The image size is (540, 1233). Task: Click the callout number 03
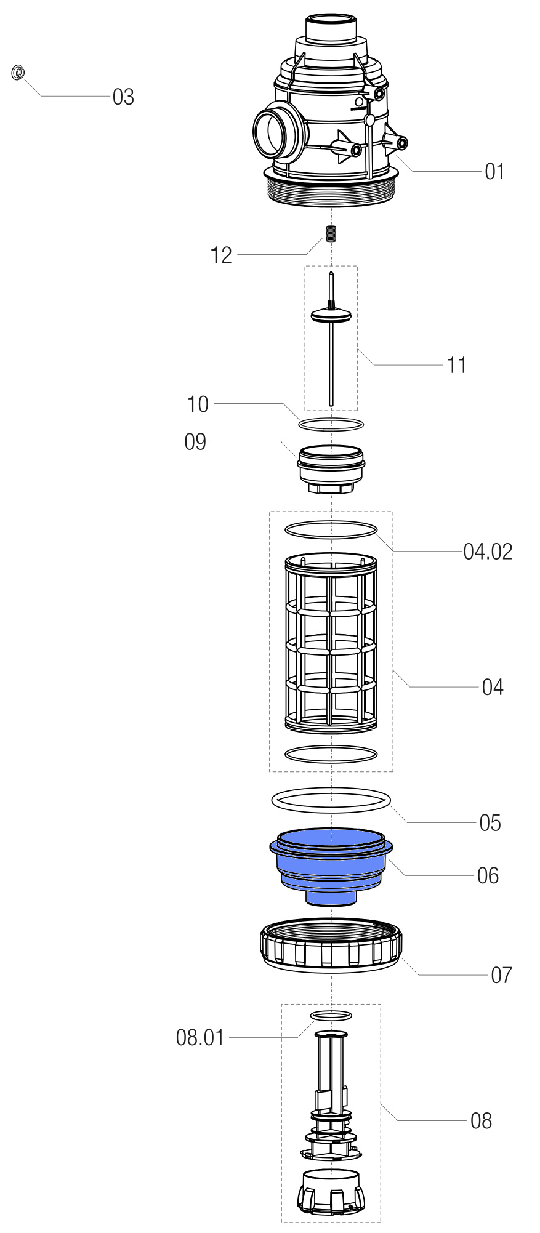point(123,97)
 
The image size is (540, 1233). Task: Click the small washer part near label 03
point(18,73)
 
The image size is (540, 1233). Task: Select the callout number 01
point(494,172)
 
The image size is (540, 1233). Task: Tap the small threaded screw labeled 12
point(331,234)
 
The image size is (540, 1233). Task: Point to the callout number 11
point(457,365)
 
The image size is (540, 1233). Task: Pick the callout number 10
point(198,404)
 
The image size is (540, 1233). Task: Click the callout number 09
point(196,442)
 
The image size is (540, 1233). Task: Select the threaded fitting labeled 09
point(331,468)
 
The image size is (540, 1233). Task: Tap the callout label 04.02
point(488,552)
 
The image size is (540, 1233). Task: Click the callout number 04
point(493,687)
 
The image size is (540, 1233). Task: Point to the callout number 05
point(490,823)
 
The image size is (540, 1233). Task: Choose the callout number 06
point(488,875)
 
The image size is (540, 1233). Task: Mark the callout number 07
point(501,975)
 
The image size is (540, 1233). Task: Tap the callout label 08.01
point(200,1038)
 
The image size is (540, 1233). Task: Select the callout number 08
point(481,1121)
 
